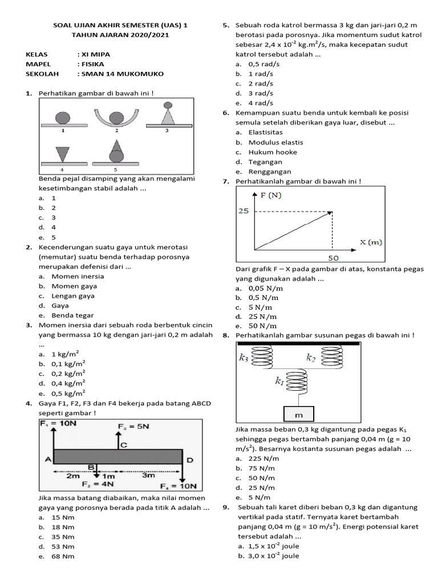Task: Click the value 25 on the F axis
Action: (x=244, y=212)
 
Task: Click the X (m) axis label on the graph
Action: (x=371, y=242)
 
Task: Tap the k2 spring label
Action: (x=311, y=358)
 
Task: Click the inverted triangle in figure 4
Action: (x=60, y=155)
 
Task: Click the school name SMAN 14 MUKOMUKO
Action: (x=122, y=74)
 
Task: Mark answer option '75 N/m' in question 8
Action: (x=263, y=468)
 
